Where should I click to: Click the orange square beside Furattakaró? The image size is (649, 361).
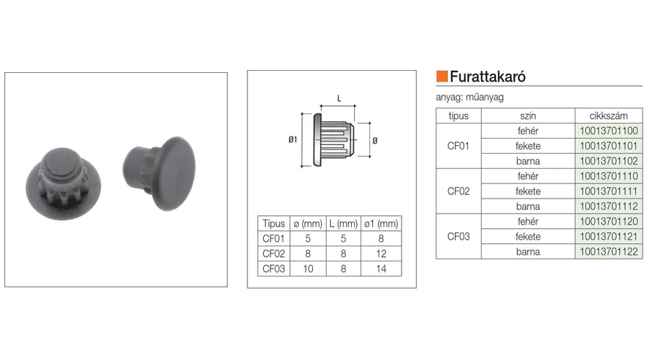coord(442,77)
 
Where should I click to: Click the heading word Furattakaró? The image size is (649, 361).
coord(487,77)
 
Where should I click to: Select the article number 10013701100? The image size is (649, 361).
coord(609,131)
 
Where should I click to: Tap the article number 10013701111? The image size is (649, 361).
coord(609,191)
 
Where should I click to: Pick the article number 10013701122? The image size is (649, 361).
coord(609,251)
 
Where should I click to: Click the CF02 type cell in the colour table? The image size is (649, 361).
coord(458,191)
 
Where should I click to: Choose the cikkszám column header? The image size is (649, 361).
coord(609,116)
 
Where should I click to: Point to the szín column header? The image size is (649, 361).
coord(528,116)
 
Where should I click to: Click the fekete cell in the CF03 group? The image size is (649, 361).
coord(528,237)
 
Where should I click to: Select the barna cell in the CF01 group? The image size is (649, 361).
coord(528,161)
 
